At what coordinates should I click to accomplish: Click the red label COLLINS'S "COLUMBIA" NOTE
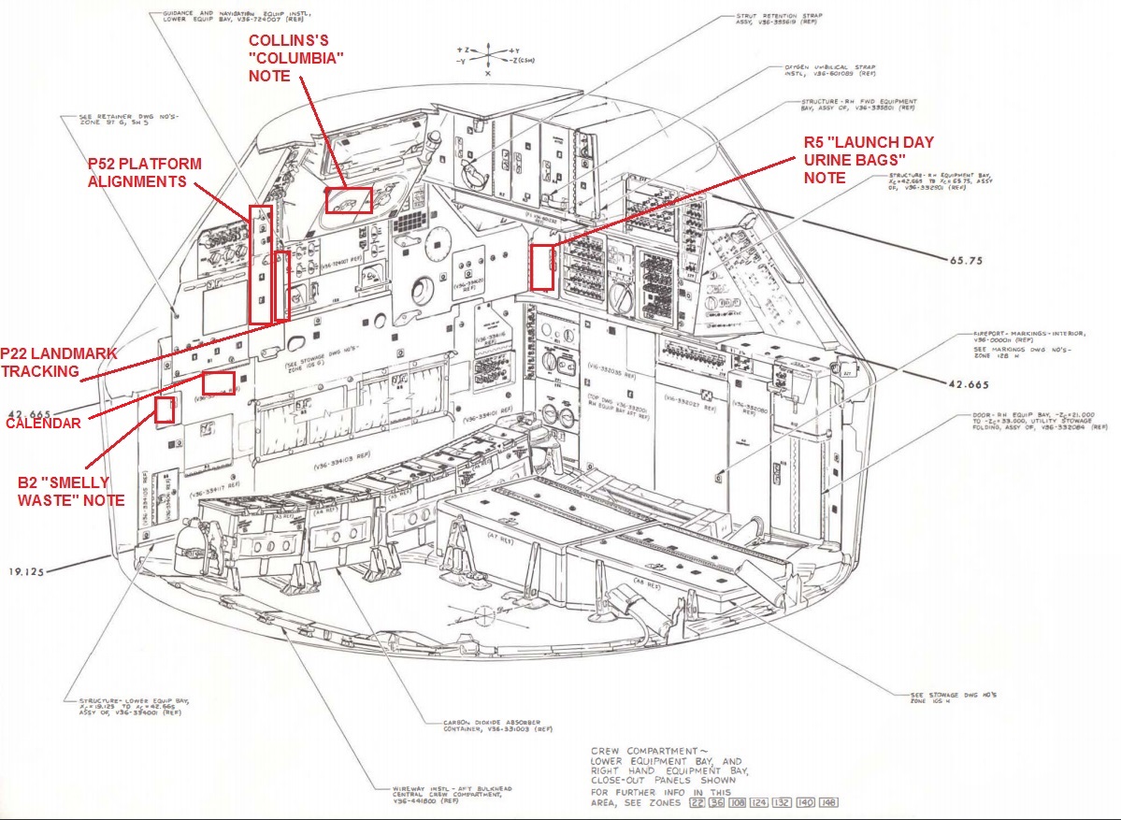click(295, 58)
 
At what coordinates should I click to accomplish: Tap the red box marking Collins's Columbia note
click(349, 200)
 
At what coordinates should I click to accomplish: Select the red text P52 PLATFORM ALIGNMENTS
click(145, 172)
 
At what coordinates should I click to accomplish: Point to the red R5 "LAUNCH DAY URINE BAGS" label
click(869, 159)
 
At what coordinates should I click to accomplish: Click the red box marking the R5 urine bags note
click(541, 266)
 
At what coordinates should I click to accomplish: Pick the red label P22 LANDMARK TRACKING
click(58, 362)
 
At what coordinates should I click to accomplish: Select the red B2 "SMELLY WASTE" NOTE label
click(71, 491)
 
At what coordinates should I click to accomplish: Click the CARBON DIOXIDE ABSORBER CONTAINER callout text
click(492, 727)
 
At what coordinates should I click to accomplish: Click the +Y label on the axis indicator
click(516, 50)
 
